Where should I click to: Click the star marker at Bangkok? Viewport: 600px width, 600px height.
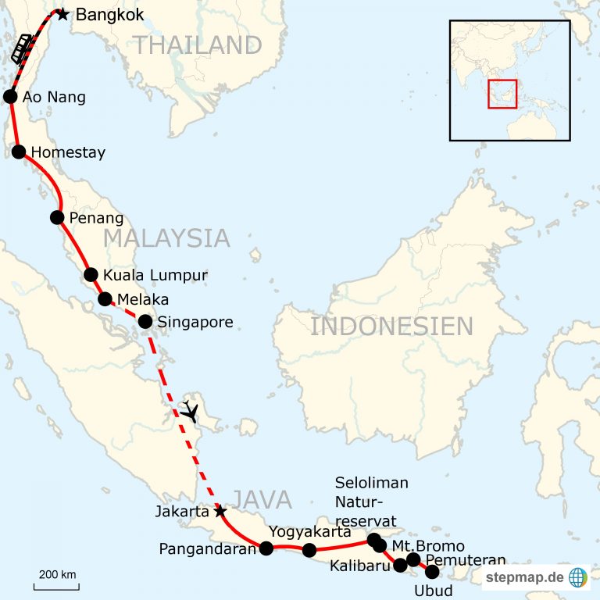62,14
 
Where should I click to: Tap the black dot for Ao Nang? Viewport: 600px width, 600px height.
10,97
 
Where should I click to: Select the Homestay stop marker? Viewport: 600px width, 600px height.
19,152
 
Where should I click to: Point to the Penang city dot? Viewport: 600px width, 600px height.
57,217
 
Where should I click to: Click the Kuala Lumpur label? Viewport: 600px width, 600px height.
155,275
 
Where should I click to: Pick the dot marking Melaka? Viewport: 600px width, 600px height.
105,298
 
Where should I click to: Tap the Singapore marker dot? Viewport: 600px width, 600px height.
145,321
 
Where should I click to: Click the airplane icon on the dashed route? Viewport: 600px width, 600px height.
190,411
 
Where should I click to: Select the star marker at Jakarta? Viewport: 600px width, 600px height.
220,511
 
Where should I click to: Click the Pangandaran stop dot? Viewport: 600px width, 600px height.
266,548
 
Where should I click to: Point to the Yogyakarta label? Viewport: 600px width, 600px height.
309,531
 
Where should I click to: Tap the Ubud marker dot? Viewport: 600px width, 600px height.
432,572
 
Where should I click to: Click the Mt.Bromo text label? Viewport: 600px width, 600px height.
428,546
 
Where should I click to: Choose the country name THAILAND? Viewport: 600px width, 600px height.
196,45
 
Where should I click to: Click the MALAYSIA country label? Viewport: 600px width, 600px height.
166,237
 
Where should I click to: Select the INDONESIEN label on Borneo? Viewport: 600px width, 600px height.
391,326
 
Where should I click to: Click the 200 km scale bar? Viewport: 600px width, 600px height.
55,583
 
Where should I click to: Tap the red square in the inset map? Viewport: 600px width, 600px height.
502,94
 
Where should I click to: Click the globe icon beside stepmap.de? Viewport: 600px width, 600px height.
578,577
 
